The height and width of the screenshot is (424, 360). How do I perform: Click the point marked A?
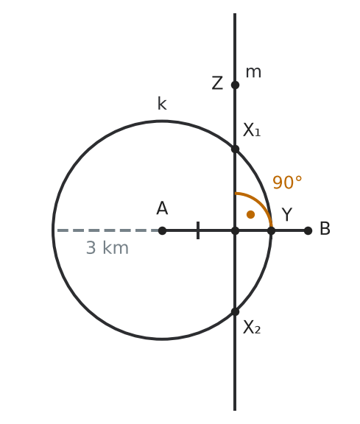(162, 230)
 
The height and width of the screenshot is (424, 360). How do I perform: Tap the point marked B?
(308, 230)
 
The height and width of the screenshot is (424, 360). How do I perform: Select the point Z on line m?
(235, 85)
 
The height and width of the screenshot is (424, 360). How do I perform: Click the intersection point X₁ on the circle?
(235, 149)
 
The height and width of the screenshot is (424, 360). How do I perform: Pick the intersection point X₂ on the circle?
(235, 312)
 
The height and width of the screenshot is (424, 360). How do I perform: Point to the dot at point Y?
(271, 230)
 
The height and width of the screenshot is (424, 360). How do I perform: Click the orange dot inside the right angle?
(251, 214)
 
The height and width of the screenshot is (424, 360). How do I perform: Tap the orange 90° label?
(287, 183)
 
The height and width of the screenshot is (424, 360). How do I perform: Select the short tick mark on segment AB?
(198, 230)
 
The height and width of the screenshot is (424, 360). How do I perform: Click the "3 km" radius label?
(107, 247)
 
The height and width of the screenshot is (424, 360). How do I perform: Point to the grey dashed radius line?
(107, 230)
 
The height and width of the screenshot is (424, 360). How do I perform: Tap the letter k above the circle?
(162, 104)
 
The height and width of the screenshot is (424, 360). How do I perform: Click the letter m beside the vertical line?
(253, 72)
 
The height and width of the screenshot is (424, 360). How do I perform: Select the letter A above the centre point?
(162, 208)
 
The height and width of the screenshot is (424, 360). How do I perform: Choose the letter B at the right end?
(325, 229)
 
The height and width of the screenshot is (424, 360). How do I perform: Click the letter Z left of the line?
(217, 83)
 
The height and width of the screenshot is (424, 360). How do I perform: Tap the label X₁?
(252, 130)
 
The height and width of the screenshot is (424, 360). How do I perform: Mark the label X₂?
(252, 328)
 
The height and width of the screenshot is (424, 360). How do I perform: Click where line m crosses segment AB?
(235, 230)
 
